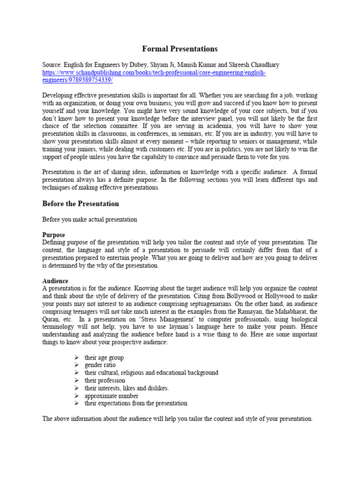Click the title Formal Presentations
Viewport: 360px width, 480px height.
click(180, 49)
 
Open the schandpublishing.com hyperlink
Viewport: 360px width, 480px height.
click(154, 76)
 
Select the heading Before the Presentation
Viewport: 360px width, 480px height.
click(81, 203)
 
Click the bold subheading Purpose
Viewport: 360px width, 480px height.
click(54, 234)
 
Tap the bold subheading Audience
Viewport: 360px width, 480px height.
click(56, 280)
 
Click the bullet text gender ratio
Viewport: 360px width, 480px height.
click(100, 365)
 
